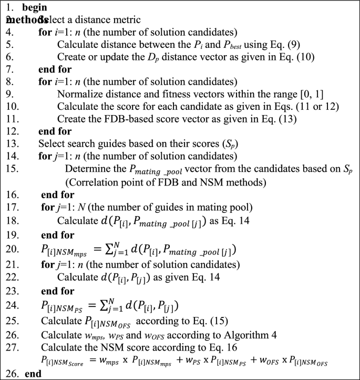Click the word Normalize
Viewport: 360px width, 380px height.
coord(79,94)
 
